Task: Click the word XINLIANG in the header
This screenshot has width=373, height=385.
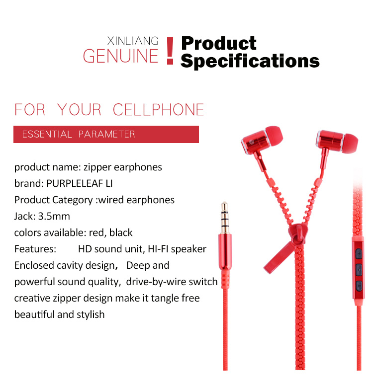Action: pos(133,41)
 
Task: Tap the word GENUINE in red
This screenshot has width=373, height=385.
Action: pos(120,56)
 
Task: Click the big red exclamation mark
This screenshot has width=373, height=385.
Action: pos(170,51)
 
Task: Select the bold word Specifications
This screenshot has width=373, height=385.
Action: pos(250,61)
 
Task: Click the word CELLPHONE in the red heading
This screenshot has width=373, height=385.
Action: pos(158,109)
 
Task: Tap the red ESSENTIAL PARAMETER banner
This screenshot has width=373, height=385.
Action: pos(106,134)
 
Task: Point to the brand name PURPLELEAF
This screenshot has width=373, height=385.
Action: pos(75,183)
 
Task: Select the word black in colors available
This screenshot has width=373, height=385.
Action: pos(121,232)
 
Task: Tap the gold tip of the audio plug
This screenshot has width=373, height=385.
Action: pos(224,218)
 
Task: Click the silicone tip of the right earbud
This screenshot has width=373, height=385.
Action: pos(350,144)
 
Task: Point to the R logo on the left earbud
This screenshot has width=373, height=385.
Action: pos(251,142)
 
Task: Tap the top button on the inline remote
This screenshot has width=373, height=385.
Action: pos(359,253)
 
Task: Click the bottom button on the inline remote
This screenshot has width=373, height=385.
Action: pos(359,286)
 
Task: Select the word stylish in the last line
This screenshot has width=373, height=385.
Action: pos(91,314)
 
